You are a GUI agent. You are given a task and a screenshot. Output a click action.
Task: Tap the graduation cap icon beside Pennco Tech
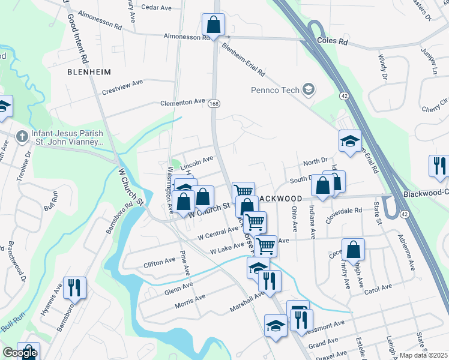point(309,91)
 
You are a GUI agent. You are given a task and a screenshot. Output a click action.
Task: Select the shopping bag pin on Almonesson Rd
point(213,25)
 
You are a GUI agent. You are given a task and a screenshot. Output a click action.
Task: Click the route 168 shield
point(214,104)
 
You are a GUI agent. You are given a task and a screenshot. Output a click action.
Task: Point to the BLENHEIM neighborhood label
point(90,71)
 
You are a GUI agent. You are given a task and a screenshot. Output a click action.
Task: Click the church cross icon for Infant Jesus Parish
point(22,136)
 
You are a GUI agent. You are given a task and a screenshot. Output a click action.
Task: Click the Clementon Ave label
point(182,103)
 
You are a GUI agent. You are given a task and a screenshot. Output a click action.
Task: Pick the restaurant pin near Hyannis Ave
point(75,287)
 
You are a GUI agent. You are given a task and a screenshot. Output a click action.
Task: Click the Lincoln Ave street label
point(197,161)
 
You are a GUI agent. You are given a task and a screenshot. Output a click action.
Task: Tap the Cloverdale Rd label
point(341,211)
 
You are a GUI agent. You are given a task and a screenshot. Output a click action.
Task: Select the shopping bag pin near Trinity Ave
point(353,249)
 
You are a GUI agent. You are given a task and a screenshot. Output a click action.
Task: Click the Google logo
point(20,353)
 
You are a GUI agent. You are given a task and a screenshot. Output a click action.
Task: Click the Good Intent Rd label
point(78,39)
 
